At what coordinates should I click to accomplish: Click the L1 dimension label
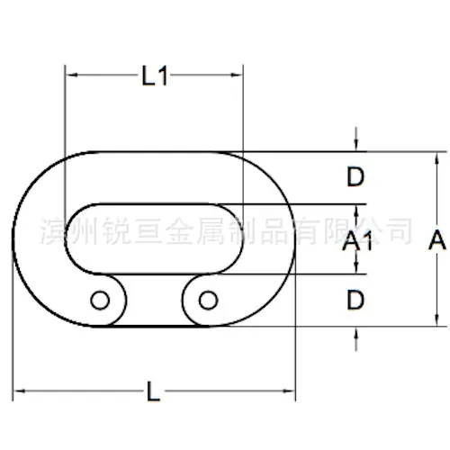click(155, 76)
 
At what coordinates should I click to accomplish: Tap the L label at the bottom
click(154, 391)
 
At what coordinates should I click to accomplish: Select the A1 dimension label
click(357, 241)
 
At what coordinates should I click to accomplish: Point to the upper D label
click(355, 176)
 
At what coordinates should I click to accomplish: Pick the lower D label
click(355, 300)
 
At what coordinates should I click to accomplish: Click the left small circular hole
click(100, 300)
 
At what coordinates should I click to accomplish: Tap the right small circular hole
click(208, 300)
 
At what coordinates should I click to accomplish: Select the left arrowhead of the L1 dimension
click(72, 75)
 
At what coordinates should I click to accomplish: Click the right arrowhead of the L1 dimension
click(237, 75)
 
